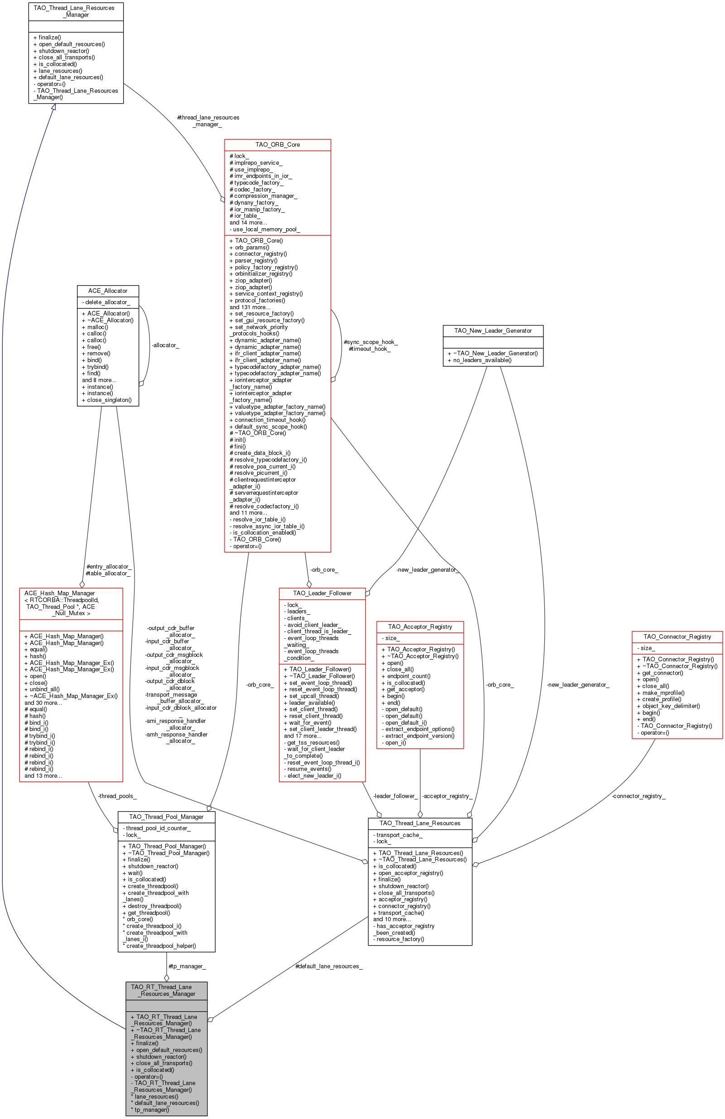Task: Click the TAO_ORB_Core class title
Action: [x=277, y=144]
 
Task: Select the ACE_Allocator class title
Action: [x=108, y=291]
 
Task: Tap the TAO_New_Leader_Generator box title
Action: [x=493, y=330]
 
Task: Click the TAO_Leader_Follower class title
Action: [x=322, y=593]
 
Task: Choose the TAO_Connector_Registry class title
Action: [x=677, y=636]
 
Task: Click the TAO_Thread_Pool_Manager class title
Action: [x=166, y=817]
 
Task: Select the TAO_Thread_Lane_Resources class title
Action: [x=420, y=823]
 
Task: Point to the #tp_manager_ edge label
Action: [x=187, y=966]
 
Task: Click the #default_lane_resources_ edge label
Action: [x=329, y=966]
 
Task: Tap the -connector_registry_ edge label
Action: [x=639, y=796]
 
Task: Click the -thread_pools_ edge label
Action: [x=117, y=796]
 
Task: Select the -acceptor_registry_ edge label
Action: [x=447, y=796]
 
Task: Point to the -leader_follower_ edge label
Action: [x=395, y=796]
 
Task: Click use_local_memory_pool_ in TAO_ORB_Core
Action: [x=266, y=229]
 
